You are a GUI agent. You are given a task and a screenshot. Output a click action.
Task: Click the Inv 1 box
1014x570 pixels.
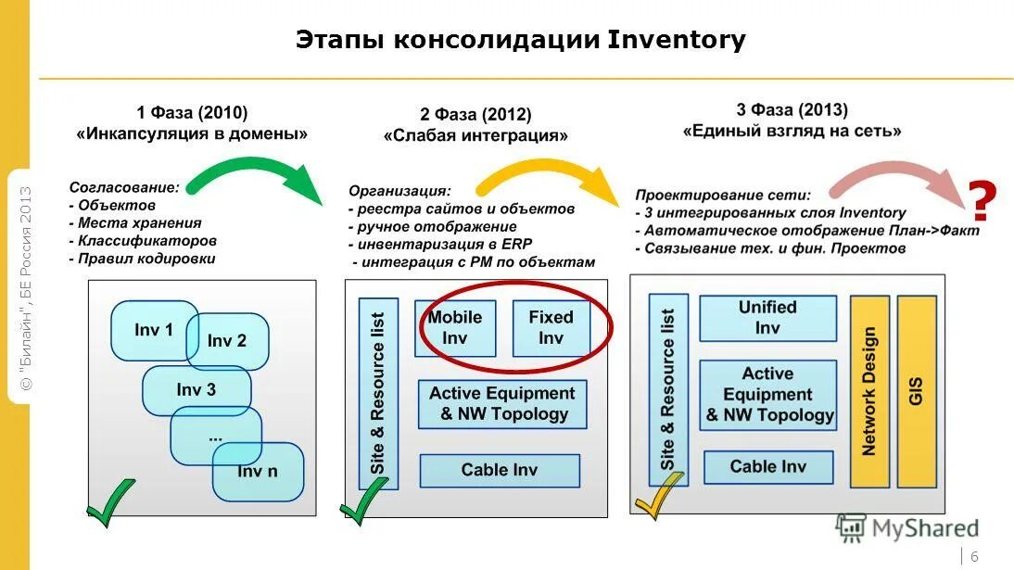coord(148,330)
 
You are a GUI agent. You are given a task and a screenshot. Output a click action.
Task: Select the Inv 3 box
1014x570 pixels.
coord(196,390)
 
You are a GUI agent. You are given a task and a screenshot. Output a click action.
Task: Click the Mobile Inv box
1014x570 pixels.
coord(454,327)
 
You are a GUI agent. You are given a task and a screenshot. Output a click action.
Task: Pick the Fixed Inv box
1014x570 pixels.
coord(551,327)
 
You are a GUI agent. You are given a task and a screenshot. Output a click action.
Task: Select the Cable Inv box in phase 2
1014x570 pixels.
coord(499,470)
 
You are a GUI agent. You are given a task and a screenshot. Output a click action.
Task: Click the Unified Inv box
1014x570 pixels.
coord(767,318)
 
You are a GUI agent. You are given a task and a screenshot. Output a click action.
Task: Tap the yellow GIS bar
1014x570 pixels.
coord(916,390)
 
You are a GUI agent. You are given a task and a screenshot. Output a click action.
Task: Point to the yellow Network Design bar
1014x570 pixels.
coord(869,390)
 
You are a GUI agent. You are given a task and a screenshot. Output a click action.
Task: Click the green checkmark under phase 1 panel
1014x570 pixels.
coord(108,501)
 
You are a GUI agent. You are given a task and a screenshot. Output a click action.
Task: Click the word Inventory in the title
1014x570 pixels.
coord(676,41)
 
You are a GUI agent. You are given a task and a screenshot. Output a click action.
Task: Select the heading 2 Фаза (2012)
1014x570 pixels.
coord(475,115)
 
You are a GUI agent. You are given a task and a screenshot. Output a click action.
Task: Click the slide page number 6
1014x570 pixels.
coord(974,554)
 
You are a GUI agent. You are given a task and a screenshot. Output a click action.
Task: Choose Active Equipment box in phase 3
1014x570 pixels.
coord(767,394)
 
